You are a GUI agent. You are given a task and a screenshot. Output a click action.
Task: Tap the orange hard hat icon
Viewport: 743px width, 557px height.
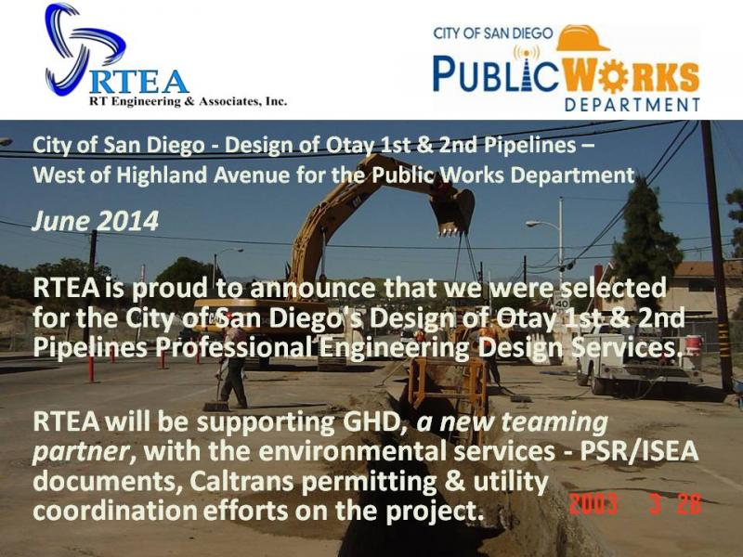pos(583,38)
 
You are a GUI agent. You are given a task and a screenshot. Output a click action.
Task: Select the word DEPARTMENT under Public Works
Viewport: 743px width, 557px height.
pos(632,104)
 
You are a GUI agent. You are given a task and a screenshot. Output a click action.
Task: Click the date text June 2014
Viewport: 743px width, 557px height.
pos(96,221)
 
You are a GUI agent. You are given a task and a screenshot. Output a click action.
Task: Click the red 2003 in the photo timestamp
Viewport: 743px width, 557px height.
pos(593,503)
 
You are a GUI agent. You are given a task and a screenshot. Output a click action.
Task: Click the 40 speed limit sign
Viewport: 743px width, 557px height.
pos(562,304)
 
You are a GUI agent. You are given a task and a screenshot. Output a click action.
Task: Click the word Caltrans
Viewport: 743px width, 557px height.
pos(242,482)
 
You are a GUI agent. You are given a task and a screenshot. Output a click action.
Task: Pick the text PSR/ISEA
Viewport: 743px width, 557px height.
pos(639,451)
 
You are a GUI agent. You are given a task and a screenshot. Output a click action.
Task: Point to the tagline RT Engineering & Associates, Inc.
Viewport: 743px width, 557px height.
pos(189,101)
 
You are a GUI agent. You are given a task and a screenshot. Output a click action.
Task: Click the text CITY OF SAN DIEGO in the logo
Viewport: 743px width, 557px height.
pos(493,33)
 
